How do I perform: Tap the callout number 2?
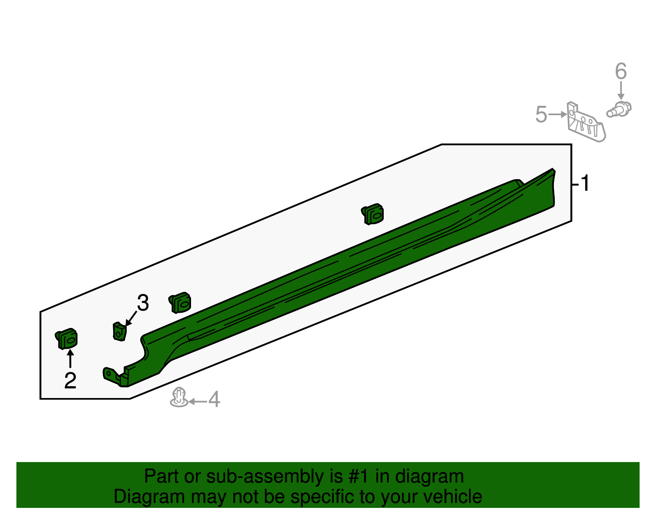coord(70,380)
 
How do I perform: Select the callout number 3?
coord(143,303)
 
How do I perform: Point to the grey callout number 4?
coord(214,399)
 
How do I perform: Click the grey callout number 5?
coord(541,114)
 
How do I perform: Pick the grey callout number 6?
coord(621,72)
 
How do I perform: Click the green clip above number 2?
coord(67,339)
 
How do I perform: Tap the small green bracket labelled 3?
coord(119,331)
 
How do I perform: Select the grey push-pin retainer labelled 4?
coord(179,397)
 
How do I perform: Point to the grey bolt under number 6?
coord(619,109)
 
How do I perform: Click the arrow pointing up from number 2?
coord(70,359)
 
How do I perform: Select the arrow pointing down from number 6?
coord(621,91)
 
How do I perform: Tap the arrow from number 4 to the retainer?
coord(198,401)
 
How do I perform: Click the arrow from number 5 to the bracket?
coord(558,114)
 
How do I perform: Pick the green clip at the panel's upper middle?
coord(373,214)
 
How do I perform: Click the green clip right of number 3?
coord(180,303)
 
